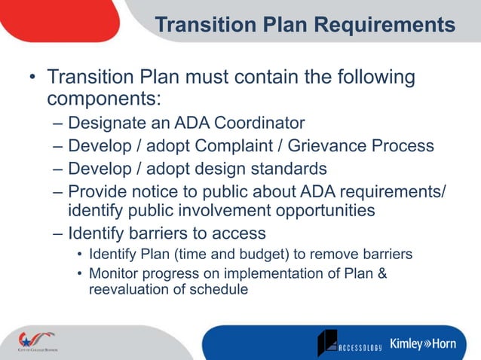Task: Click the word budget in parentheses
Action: [x=225, y=254]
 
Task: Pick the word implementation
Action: [x=257, y=273]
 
